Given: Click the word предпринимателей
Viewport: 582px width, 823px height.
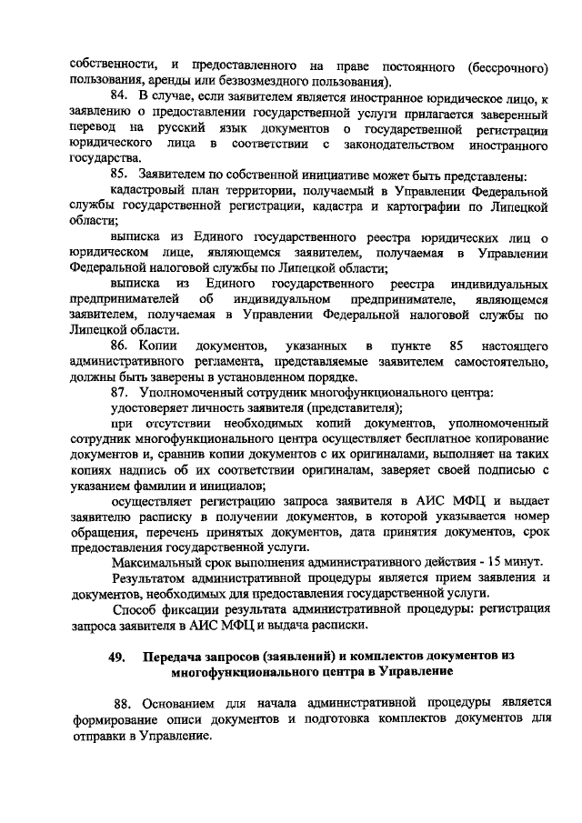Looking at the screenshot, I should (x=124, y=299).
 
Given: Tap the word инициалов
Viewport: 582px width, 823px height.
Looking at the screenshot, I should (x=210, y=487).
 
